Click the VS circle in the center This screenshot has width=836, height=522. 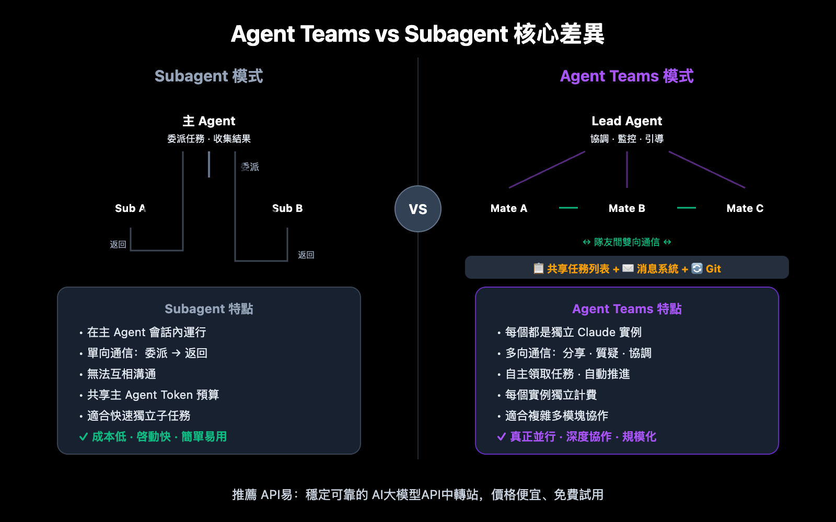[418, 209]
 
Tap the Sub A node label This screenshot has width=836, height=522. [130, 208]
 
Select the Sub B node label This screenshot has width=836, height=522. [287, 208]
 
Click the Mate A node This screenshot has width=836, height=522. [509, 208]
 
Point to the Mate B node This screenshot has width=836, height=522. [627, 208]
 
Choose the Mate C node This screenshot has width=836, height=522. [745, 208]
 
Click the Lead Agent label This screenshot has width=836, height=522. [627, 121]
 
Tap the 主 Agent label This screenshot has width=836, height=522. [209, 121]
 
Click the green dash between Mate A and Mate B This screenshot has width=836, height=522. [568, 208]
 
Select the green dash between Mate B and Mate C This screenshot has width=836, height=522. [687, 208]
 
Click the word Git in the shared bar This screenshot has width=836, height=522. [713, 269]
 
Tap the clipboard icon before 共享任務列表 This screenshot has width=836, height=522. [538, 268]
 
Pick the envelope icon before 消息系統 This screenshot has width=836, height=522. [628, 268]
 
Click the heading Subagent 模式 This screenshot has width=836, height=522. [209, 76]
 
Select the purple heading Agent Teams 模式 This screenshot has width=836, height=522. [627, 76]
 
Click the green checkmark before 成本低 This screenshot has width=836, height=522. [83, 437]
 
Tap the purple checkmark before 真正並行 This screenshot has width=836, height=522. [501, 437]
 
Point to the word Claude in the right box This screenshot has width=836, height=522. [596, 333]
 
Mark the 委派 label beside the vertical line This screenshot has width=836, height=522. [250, 167]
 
